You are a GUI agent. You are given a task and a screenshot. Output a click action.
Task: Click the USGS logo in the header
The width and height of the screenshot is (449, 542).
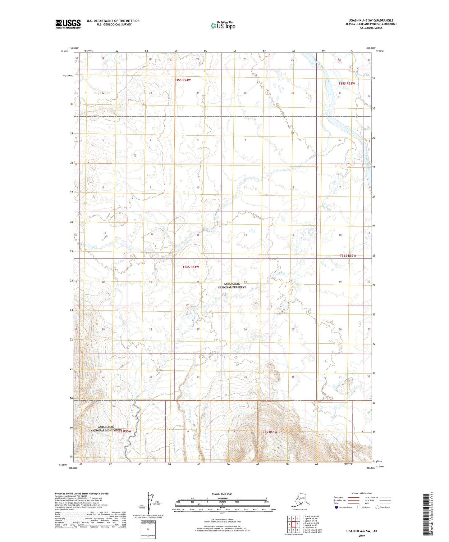(68, 24)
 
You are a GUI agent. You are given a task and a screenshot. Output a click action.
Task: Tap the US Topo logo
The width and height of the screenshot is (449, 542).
(222, 25)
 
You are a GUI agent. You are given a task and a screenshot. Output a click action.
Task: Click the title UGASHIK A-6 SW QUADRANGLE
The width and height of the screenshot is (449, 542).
(371, 20)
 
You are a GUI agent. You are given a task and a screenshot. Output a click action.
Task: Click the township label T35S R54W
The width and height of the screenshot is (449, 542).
(182, 80)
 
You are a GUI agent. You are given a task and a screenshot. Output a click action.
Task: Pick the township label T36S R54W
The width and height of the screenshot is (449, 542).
(190, 267)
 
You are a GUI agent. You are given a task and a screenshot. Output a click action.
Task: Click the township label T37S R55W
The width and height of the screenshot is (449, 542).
(123, 431)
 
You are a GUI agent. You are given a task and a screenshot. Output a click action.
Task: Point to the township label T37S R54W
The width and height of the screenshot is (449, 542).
(269, 432)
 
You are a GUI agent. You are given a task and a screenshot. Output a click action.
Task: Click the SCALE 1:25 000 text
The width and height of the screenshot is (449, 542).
(222, 494)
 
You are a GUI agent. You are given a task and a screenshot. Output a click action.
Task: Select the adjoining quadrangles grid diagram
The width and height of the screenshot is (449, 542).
(293, 525)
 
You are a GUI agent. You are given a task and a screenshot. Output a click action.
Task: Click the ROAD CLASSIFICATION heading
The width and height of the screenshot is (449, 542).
(362, 493)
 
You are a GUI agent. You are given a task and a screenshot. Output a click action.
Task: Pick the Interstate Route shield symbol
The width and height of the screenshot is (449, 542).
(336, 507)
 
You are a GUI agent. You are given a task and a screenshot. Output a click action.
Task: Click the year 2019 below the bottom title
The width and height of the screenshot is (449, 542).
(362, 535)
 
